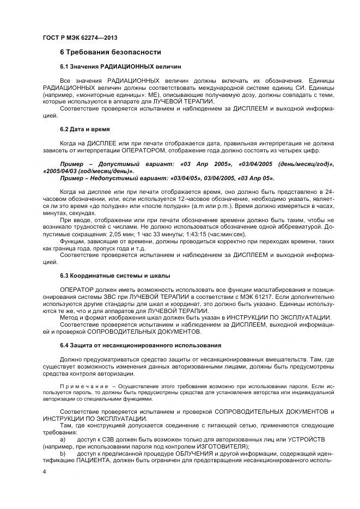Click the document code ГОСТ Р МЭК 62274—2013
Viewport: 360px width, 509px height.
tap(80, 38)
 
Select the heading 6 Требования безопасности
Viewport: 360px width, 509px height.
tap(110, 52)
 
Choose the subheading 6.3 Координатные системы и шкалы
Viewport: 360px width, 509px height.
tap(115, 275)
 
